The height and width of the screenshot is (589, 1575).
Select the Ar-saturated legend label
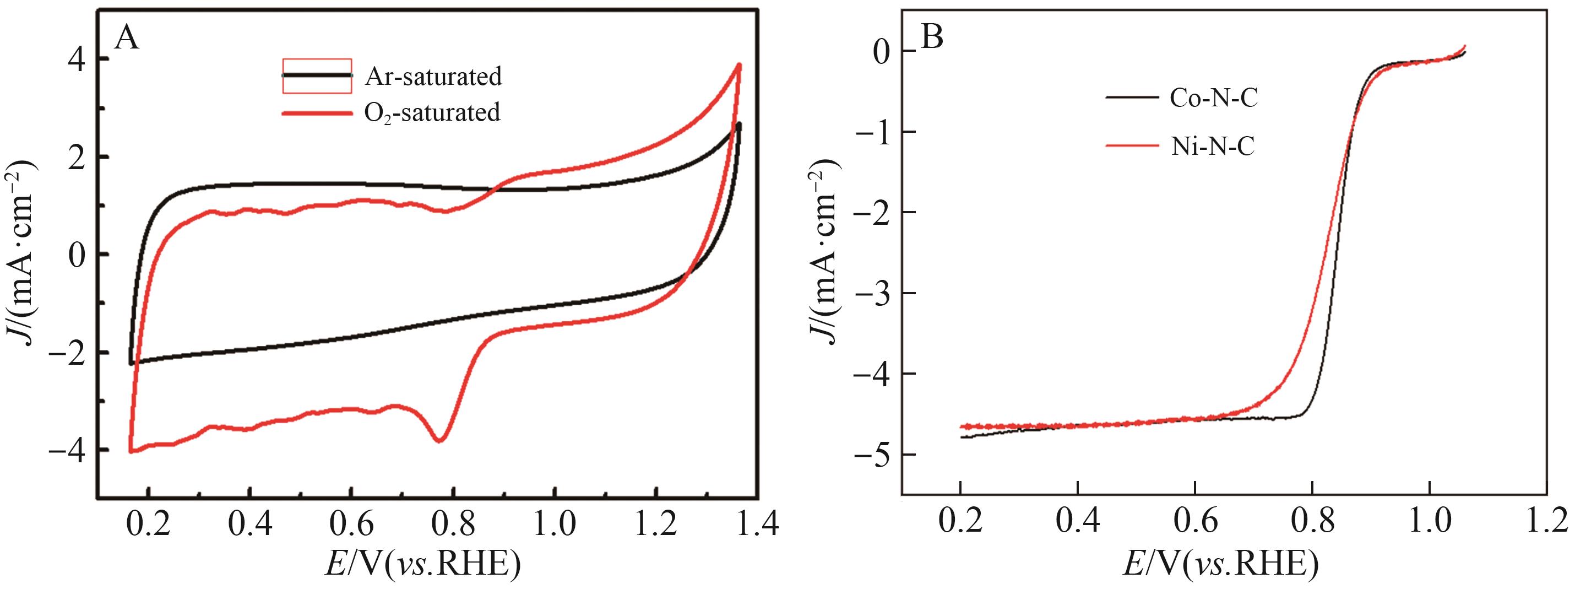point(433,77)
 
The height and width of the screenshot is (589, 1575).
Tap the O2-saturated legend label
point(432,112)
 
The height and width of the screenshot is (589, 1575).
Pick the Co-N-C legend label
point(1214,98)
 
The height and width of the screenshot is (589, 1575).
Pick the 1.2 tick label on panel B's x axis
point(1546,523)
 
